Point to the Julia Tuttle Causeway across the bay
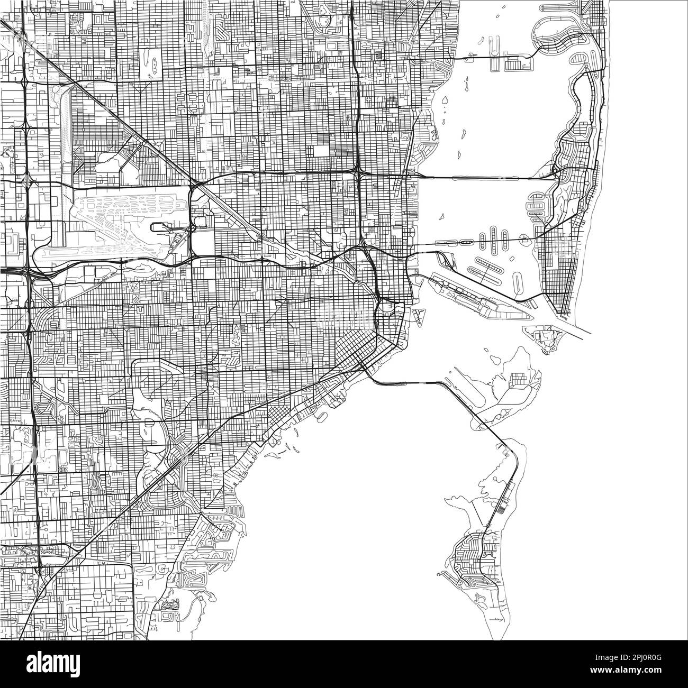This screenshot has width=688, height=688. [476, 178]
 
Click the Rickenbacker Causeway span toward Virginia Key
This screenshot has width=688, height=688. [408, 382]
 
